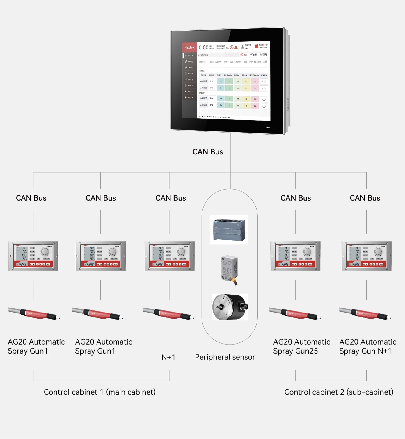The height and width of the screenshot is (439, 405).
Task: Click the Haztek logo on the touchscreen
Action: [189, 47]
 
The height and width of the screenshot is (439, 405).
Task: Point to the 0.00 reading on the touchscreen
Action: [203, 47]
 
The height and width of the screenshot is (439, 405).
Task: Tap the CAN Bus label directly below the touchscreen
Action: [208, 152]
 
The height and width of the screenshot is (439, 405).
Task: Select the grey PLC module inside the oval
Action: [229, 230]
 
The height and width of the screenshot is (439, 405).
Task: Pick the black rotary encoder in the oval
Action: [230, 307]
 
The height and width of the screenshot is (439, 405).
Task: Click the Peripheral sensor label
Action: [225, 357]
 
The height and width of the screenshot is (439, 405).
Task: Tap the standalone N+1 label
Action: [168, 357]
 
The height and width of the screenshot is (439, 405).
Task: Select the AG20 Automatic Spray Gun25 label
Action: [301, 346]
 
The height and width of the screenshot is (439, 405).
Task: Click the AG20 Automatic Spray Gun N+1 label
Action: [368, 346]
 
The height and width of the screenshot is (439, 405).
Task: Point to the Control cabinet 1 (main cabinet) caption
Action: [100, 392]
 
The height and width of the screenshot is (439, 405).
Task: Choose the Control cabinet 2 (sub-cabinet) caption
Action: [339, 392]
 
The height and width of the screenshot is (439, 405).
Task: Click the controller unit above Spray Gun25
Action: [295, 256]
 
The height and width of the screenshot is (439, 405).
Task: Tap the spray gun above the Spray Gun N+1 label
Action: [365, 314]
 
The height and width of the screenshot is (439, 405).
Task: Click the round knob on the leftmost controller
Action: [45, 251]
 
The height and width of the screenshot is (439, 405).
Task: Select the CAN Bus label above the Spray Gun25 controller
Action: [296, 198]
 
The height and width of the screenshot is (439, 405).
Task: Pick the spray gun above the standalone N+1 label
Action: [168, 314]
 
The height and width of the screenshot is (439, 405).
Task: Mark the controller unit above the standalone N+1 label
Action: [170, 256]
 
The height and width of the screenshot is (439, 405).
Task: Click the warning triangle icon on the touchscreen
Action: [236, 47]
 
